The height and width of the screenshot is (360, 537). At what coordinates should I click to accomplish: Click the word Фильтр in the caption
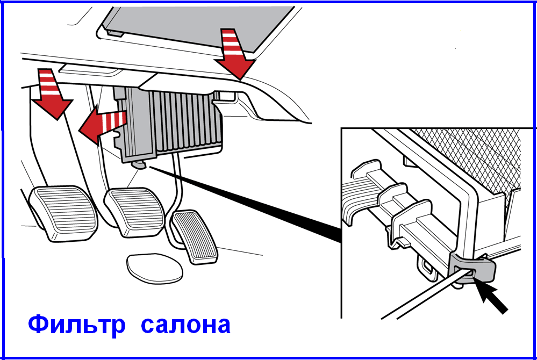click(x=77, y=325)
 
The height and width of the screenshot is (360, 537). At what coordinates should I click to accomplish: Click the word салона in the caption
click(x=185, y=326)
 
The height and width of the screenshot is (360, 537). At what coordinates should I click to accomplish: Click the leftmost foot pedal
click(x=63, y=214)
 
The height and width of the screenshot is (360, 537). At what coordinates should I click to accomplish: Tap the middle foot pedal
click(x=135, y=212)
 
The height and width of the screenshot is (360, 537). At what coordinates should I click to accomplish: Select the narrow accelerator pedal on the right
click(x=194, y=237)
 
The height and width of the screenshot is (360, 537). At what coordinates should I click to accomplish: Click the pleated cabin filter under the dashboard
click(x=187, y=121)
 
